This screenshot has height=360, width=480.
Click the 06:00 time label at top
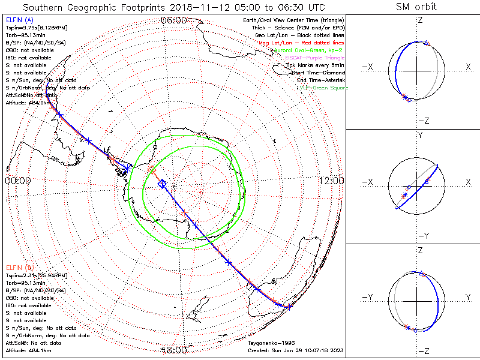pyautogui.click(x=173, y=20)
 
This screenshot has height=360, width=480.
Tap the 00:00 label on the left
pyautogui.click(x=17, y=180)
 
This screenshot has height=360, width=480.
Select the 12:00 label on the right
pyautogui.click(x=332, y=180)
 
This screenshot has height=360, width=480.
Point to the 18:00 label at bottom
pyautogui.click(x=173, y=350)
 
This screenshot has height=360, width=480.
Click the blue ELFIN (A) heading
pyautogui.click(x=17, y=21)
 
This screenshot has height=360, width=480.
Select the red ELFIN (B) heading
pyautogui.click(x=17, y=267)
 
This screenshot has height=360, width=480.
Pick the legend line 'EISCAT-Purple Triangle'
pyautogui.click(x=316, y=58)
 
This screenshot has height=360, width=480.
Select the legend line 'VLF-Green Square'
pyautogui.click(x=324, y=88)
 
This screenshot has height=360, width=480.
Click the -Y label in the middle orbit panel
pyautogui.click(x=422, y=236)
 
